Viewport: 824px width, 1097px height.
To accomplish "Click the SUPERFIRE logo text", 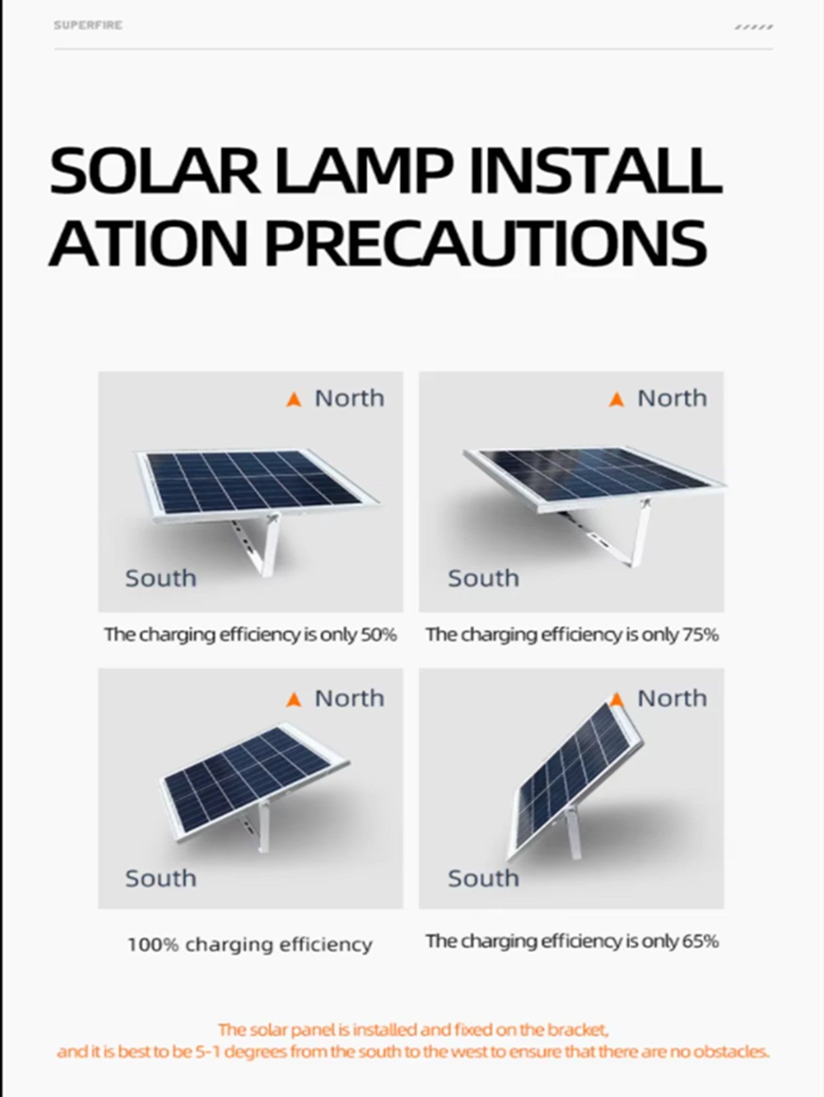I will [88, 25].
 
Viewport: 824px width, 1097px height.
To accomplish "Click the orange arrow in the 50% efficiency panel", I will [294, 400].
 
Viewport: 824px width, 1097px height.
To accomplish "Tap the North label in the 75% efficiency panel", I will [672, 398].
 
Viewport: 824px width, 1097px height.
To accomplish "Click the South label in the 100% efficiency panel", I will [160, 878].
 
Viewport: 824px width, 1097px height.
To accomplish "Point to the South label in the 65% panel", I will [483, 878].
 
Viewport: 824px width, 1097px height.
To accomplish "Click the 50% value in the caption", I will [379, 635].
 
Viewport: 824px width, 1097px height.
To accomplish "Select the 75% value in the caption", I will [701, 635].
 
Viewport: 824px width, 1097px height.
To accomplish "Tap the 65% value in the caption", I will [701, 941].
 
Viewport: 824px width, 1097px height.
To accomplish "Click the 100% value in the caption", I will [153, 945].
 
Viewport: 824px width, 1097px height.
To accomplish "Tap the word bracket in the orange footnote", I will [577, 1029].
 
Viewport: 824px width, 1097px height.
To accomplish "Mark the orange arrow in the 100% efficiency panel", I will [294, 699].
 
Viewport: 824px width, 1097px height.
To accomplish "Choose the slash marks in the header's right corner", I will [754, 27].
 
